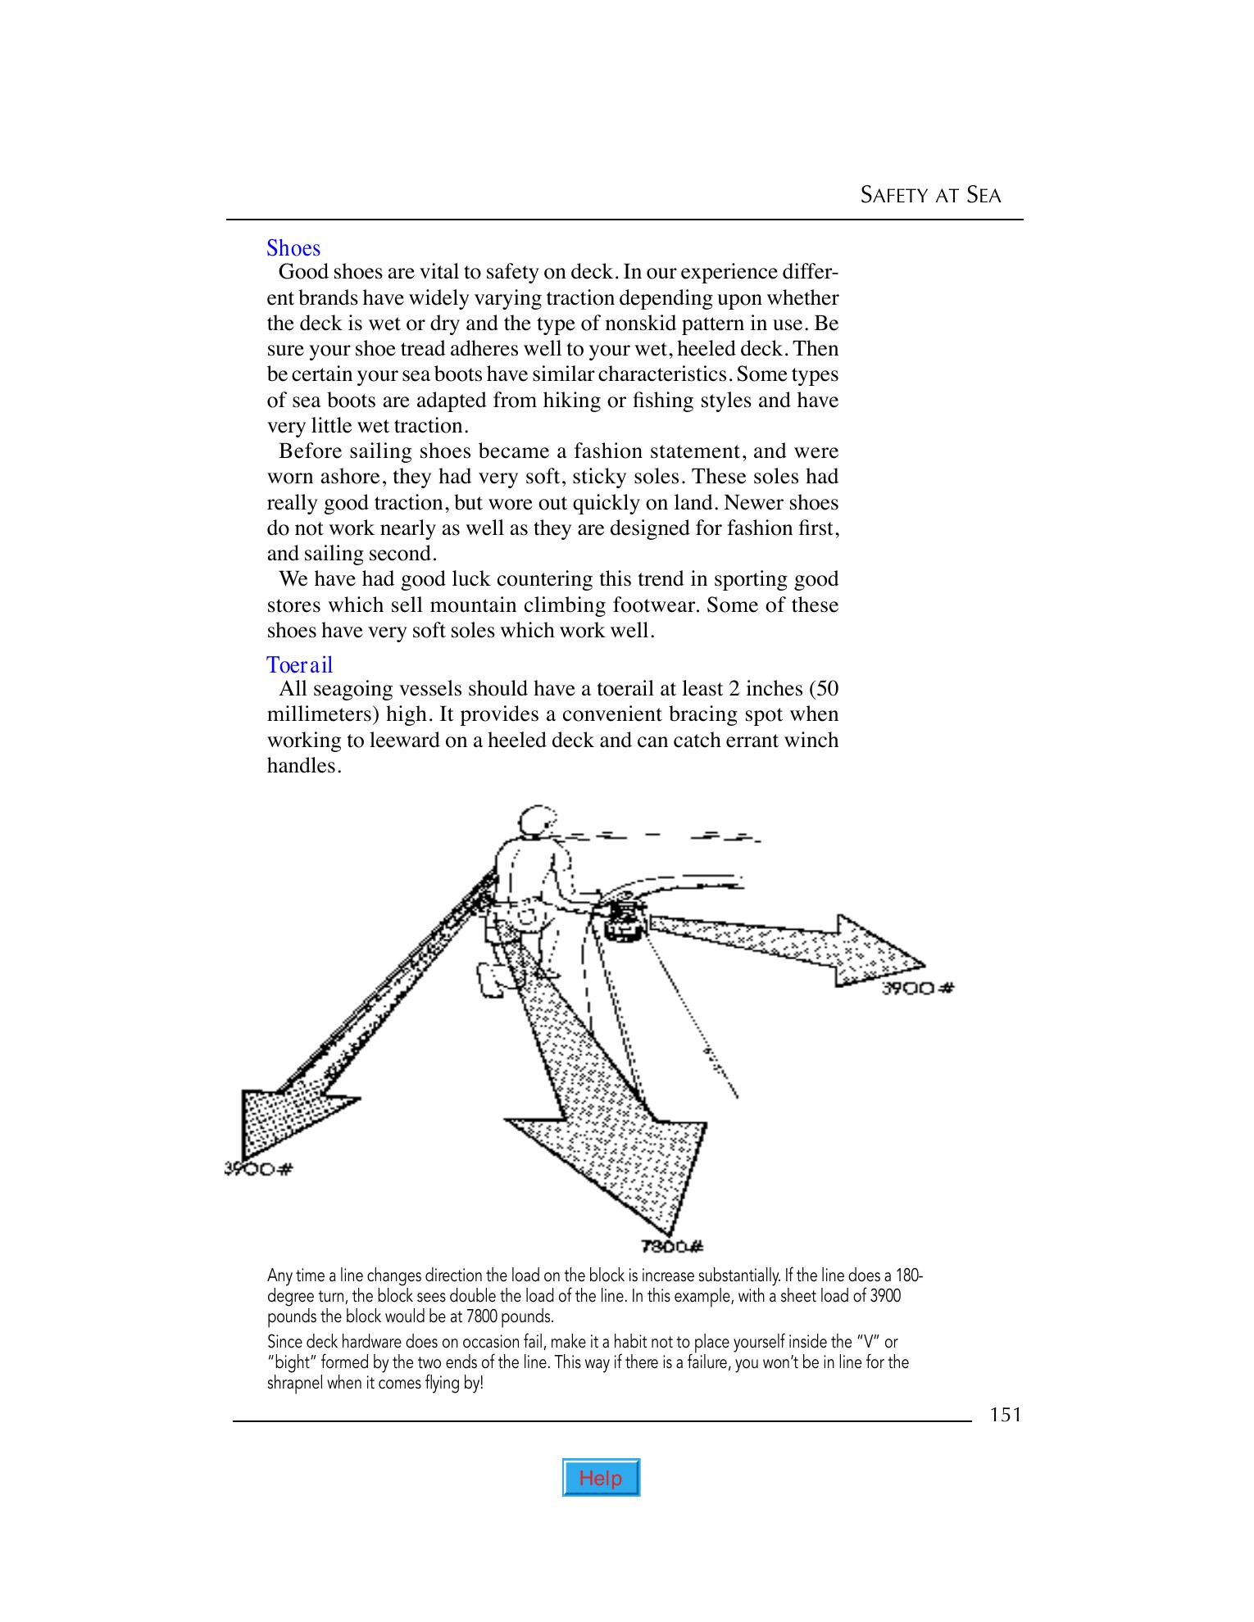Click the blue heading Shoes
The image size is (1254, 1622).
[293, 248]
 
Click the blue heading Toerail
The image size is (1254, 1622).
[300, 664]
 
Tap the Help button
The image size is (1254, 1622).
[601, 1478]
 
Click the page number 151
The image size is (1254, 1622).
[1005, 1415]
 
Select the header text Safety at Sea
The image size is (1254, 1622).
[930, 196]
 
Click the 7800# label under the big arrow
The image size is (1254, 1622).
[671, 1248]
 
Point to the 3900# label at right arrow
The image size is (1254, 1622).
[917, 988]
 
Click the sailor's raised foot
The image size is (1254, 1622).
[489, 980]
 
